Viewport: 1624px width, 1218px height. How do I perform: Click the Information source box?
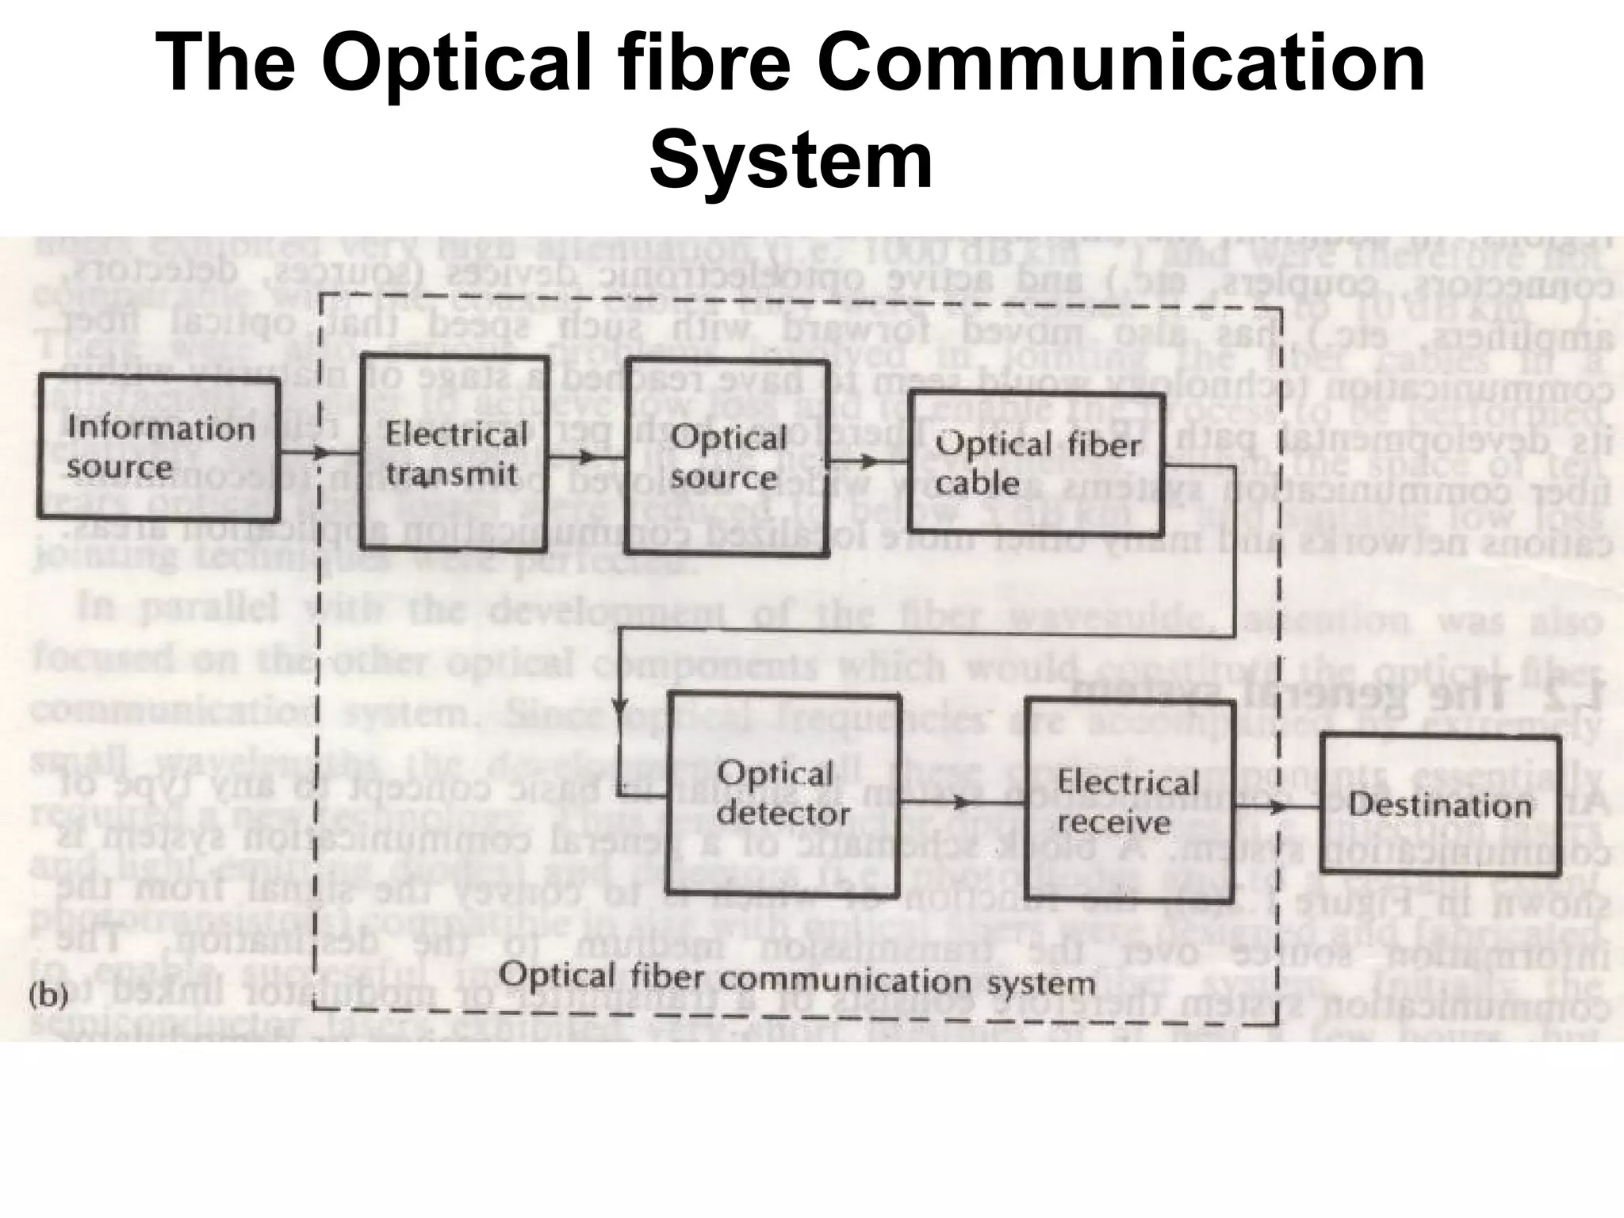click(159, 448)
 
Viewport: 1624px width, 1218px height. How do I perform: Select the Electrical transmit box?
click(454, 453)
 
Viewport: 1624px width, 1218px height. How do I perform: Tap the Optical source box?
click(726, 457)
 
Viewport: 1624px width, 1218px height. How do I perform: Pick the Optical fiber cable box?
click(1035, 463)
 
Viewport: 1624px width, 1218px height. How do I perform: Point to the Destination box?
click(1440, 806)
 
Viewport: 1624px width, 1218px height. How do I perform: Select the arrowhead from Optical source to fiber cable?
click(870, 462)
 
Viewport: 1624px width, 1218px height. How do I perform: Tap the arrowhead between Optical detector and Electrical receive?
click(962, 802)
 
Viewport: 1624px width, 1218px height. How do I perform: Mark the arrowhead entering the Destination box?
click(1277, 807)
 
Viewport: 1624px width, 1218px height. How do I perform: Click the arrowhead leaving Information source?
click(320, 454)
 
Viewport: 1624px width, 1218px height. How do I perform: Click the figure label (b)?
click(48, 996)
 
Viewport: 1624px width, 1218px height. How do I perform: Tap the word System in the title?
click(791, 161)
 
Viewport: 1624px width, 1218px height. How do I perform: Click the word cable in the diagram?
click(977, 483)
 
